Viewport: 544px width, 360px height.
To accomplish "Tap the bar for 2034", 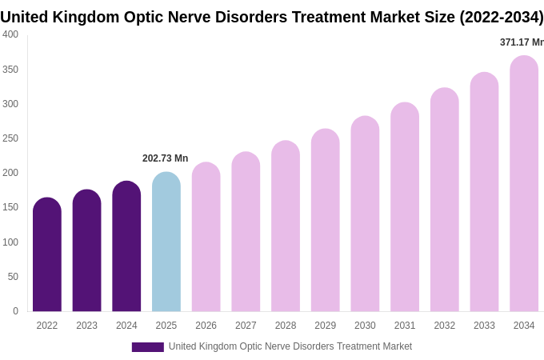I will (x=524, y=183).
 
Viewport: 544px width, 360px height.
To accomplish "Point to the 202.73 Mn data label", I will (x=165, y=158).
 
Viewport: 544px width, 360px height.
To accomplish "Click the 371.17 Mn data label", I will (x=522, y=42).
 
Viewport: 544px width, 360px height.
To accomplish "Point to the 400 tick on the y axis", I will (x=10, y=34).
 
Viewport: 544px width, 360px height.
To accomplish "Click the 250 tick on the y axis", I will (x=10, y=138).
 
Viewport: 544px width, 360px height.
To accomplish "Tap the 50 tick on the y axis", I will (x=13, y=277).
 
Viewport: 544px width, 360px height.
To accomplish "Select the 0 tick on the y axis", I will (x=15, y=311).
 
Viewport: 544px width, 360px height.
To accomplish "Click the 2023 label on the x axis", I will (x=86, y=326).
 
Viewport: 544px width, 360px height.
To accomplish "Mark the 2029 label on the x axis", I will (x=325, y=326).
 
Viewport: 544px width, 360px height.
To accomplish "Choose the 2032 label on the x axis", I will (x=444, y=326).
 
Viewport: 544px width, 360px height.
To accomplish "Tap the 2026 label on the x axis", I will (x=206, y=326).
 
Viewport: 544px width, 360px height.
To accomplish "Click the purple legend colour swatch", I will (x=147, y=347).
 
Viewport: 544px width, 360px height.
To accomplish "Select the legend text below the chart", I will (x=290, y=346).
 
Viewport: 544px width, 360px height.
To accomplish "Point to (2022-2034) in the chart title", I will (x=501, y=17).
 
